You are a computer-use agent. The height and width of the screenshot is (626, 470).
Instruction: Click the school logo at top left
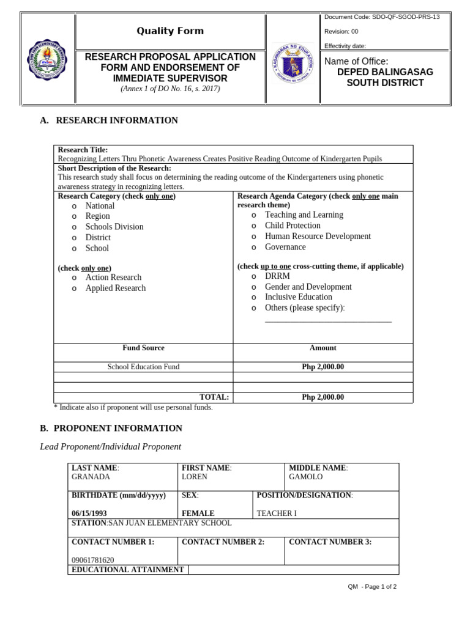(48, 60)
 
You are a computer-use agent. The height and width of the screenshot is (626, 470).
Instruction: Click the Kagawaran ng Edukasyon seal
(294, 64)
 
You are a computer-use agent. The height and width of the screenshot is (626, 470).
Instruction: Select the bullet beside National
(73, 206)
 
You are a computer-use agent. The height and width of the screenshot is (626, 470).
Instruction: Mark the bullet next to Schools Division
(73, 227)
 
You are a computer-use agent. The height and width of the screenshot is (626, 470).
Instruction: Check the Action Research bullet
(73, 278)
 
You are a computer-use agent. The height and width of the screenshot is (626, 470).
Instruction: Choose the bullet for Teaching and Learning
(253, 215)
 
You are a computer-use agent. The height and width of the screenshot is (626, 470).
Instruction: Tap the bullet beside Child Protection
(253, 226)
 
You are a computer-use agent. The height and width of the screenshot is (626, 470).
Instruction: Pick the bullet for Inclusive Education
(253, 298)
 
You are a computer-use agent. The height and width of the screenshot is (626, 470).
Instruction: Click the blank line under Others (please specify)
(328, 320)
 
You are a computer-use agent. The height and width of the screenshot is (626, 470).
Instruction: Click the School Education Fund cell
(143, 367)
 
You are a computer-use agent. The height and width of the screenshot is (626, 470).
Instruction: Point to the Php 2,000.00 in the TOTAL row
(323, 397)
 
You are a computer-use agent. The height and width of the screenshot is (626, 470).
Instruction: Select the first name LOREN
(195, 477)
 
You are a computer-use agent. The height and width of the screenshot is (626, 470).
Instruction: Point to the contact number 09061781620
(92, 560)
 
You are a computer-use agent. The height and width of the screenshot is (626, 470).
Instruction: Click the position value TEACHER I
(277, 514)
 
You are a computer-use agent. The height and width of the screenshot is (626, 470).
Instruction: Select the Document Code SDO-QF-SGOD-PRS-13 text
(382, 17)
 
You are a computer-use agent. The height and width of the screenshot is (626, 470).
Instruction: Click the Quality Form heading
(170, 31)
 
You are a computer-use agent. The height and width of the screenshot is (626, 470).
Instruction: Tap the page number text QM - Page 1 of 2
(372, 587)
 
